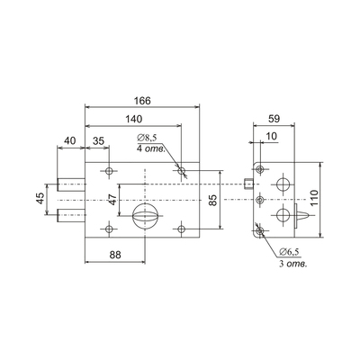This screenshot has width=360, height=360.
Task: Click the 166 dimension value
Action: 142,101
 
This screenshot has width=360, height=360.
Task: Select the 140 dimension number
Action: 133,119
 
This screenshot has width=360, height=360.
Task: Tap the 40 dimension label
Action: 70,140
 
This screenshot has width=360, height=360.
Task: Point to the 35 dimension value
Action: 98,140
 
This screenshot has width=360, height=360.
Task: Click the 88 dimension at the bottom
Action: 115,255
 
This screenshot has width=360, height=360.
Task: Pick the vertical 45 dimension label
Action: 40,199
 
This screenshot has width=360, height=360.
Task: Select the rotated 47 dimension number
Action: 112,199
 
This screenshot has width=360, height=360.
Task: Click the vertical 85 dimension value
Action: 212,200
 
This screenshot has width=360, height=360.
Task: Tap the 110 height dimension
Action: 314,198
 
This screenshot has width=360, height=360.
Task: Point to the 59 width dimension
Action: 274,119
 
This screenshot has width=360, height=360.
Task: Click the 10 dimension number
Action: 272,137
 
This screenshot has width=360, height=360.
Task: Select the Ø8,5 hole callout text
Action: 147,139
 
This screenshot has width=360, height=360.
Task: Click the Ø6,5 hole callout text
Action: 290,252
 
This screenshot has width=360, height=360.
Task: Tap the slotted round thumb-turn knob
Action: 145,216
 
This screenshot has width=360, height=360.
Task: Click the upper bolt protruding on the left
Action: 71,184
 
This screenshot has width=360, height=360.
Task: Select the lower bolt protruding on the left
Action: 71,215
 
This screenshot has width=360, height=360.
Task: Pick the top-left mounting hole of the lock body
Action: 109,171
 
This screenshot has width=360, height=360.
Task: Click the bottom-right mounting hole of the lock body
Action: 181,229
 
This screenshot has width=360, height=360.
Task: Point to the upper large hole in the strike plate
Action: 283,184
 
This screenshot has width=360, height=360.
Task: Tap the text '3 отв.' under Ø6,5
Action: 293,265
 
